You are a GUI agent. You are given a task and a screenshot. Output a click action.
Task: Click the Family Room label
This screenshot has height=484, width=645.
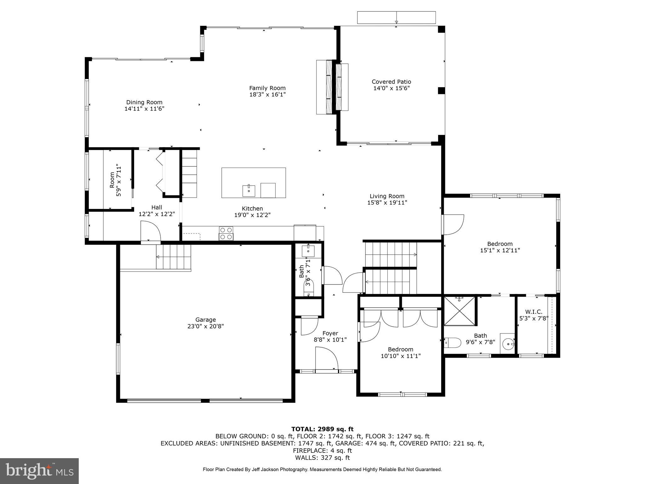click(x=267, y=88)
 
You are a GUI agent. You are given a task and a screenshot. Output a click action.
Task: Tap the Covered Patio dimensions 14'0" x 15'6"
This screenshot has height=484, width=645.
click(x=391, y=89)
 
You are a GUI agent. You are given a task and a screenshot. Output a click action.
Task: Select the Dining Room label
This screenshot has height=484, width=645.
click(x=144, y=102)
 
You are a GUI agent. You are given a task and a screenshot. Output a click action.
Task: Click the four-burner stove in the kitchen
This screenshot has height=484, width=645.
click(x=226, y=233)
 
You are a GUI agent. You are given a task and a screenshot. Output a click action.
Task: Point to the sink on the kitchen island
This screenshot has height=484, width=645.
click(x=249, y=191)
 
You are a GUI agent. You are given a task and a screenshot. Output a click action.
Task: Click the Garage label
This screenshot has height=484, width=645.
click(x=205, y=320)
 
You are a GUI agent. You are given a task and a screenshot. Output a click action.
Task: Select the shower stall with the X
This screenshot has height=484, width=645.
click(x=459, y=310)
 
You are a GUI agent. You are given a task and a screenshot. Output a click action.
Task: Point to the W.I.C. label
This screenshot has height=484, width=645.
click(x=534, y=312)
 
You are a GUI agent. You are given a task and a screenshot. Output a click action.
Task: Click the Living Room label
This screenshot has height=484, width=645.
click(x=387, y=196)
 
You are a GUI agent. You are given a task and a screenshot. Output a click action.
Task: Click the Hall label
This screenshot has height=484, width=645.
click(x=157, y=207)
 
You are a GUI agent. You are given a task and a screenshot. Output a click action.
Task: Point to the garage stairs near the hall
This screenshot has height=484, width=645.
click(x=174, y=257)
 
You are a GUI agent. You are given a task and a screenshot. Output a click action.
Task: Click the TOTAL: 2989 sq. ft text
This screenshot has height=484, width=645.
click(x=322, y=429)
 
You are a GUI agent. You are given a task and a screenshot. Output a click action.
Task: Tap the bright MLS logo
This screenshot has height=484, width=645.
click(x=39, y=471)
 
